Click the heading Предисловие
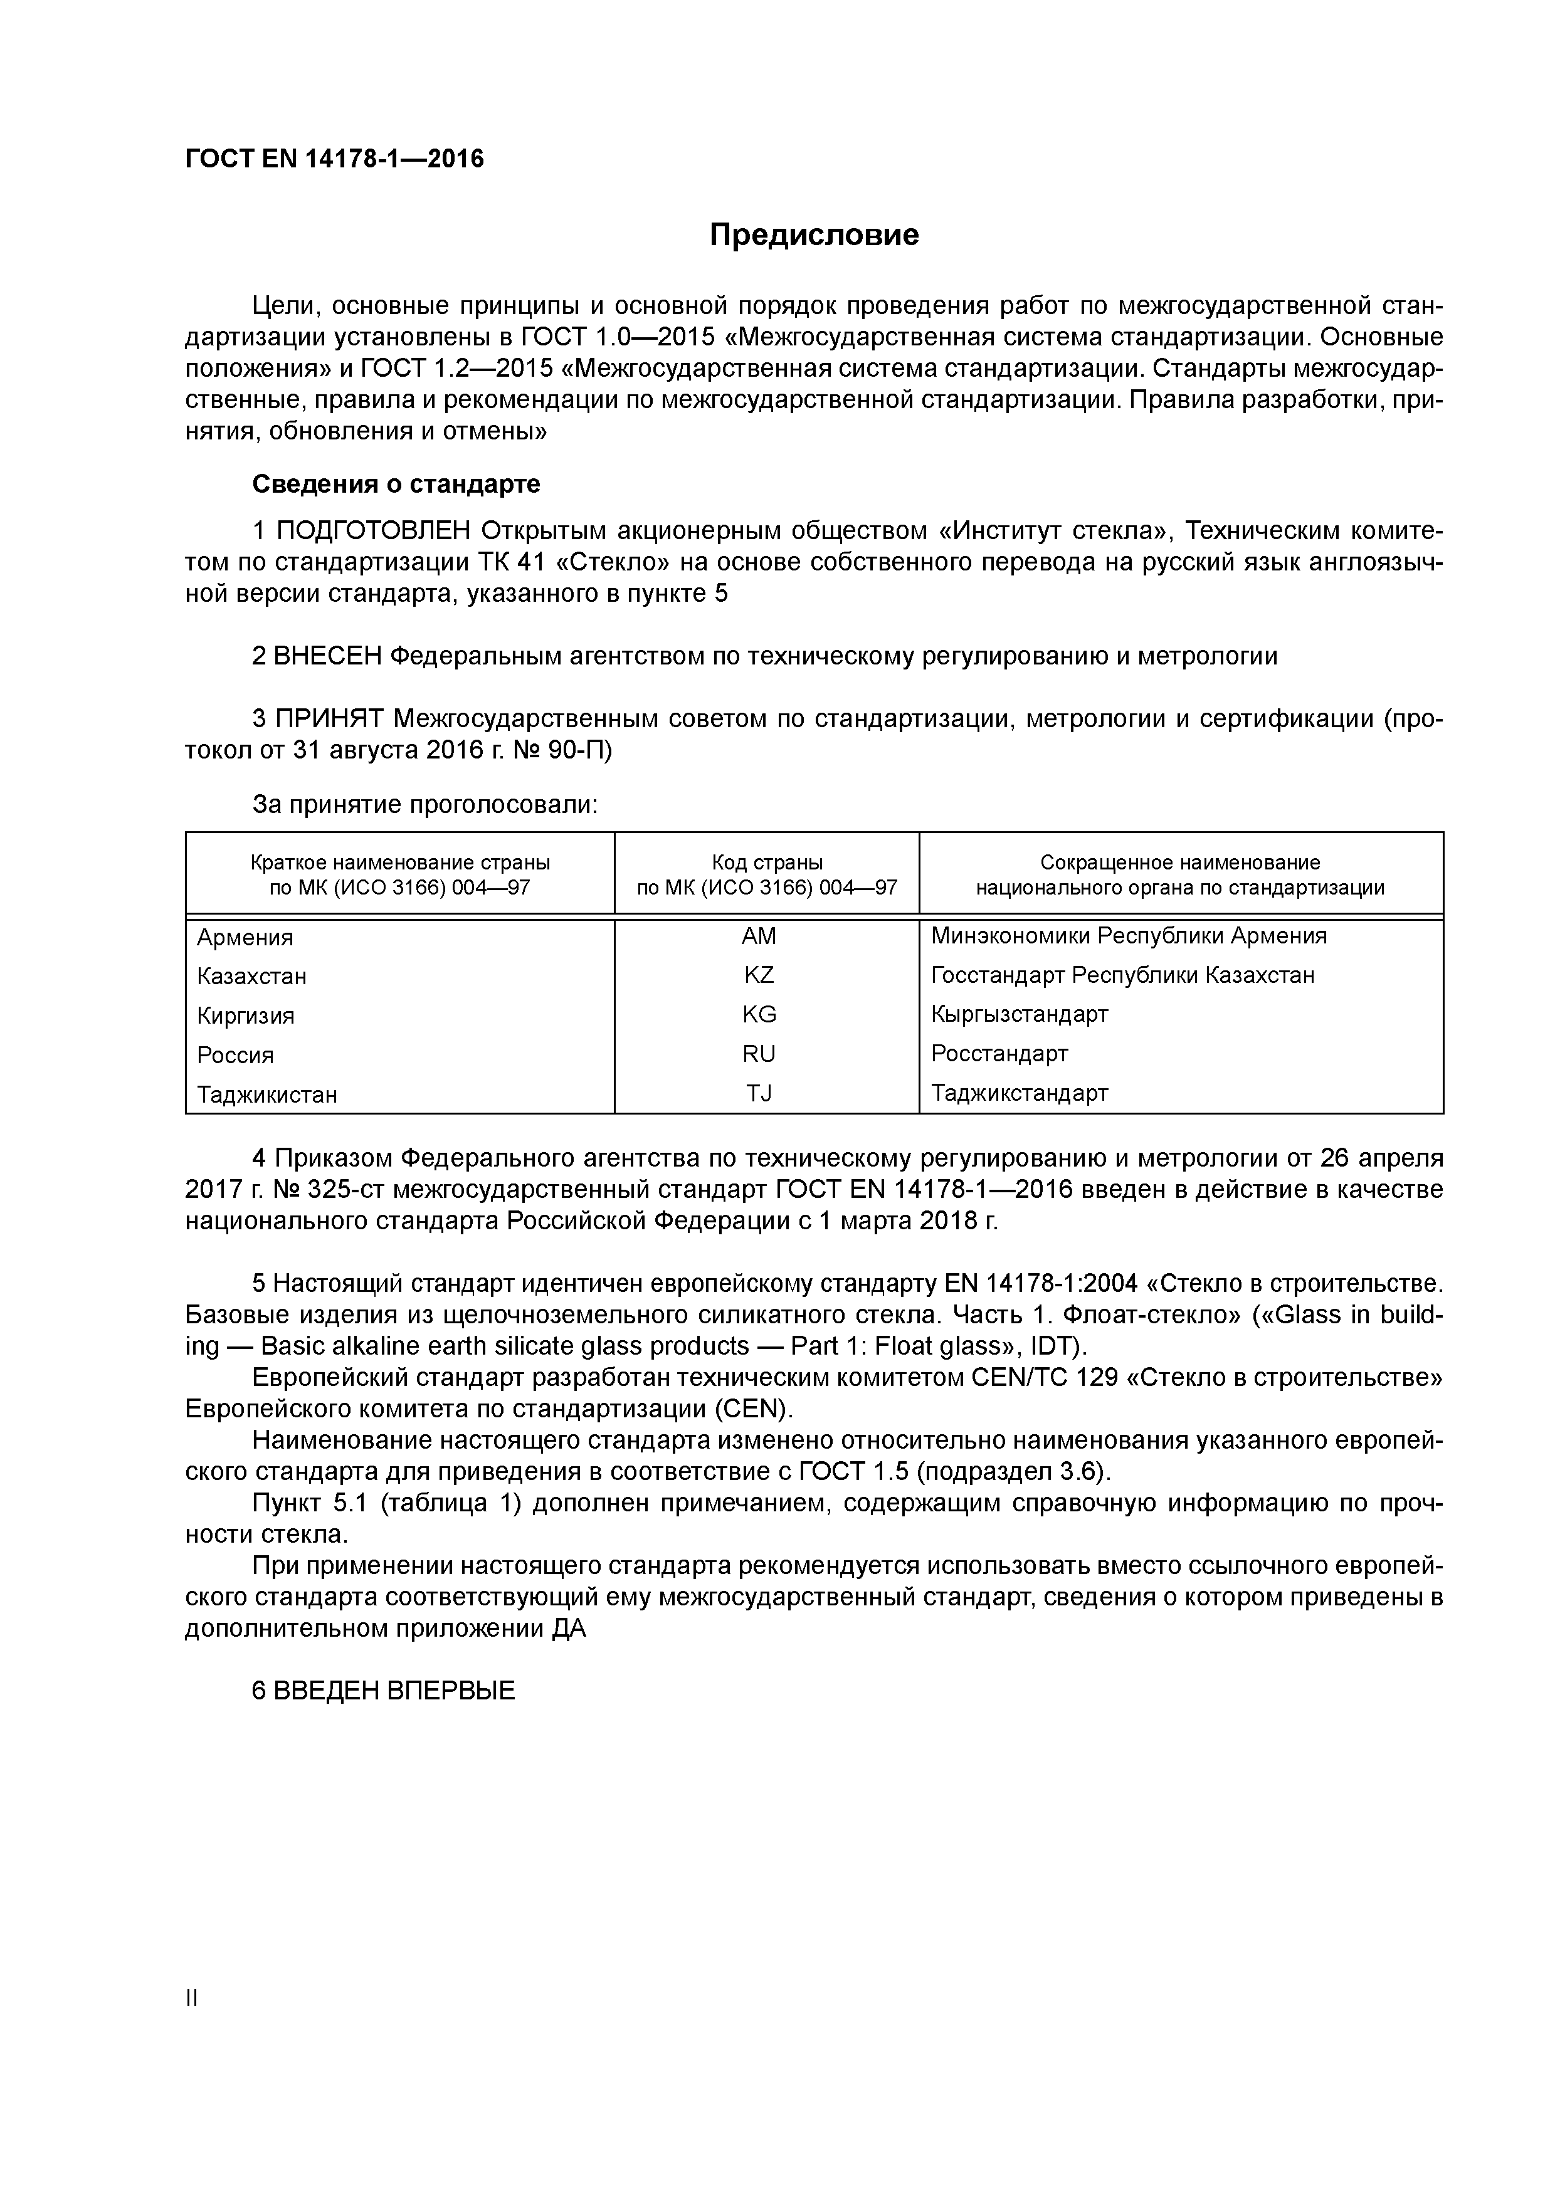pyautogui.click(x=813, y=234)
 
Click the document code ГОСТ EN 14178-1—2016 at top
pyautogui.click(x=334, y=159)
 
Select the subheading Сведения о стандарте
pyautogui.click(x=396, y=485)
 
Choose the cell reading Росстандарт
pyautogui.click(x=999, y=1054)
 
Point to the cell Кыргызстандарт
pyautogui.click(x=1020, y=1014)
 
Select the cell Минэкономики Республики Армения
pyautogui.click(x=1129, y=936)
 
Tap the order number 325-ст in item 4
pyautogui.click(x=337, y=1190)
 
